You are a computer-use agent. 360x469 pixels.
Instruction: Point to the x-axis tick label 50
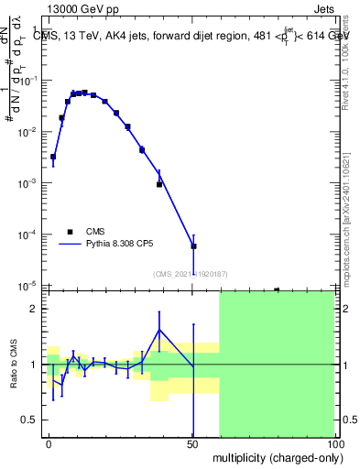193,442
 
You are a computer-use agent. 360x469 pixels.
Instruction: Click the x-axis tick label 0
48,442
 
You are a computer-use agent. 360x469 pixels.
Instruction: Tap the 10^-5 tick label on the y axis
28,286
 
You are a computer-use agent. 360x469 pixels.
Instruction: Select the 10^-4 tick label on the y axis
28,235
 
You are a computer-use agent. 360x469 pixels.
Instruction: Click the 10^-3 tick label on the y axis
28,183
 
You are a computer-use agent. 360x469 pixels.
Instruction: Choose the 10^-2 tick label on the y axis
28,132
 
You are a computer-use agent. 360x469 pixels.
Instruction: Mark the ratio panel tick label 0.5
31,420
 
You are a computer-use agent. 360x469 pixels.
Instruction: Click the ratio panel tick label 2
37,310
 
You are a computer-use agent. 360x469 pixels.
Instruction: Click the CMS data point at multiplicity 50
193,246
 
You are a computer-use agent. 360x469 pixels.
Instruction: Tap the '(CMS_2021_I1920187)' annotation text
191,273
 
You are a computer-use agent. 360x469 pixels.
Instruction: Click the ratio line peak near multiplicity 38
159,330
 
